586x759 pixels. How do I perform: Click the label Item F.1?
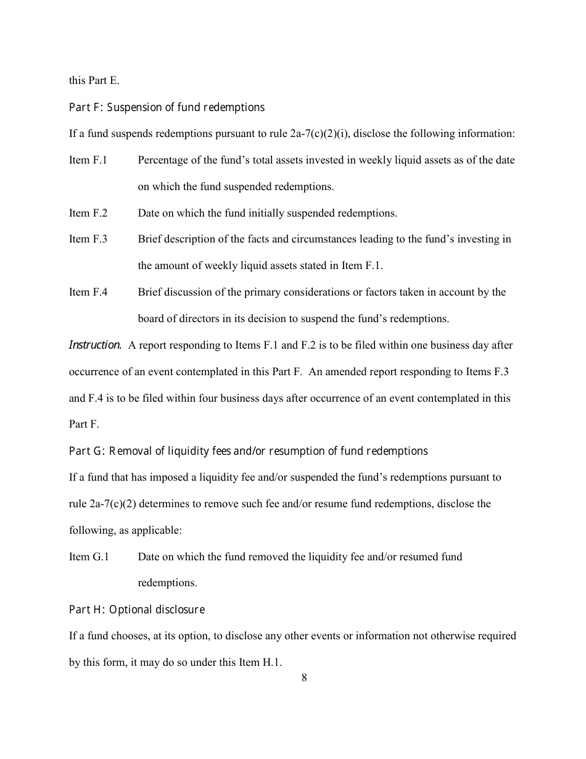click(88, 160)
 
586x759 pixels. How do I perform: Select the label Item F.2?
click(88, 213)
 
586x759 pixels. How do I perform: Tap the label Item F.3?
click(88, 239)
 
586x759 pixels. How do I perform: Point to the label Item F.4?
click(88, 292)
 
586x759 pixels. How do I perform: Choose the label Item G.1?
click(88, 557)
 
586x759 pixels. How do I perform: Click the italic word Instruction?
click(95, 345)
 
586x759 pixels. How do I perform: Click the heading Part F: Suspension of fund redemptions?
click(167, 107)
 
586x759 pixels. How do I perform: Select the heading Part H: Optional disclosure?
click(136, 610)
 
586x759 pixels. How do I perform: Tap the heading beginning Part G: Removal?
click(248, 451)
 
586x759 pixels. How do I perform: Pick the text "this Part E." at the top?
click(94, 80)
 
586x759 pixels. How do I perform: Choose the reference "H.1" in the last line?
click(269, 663)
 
